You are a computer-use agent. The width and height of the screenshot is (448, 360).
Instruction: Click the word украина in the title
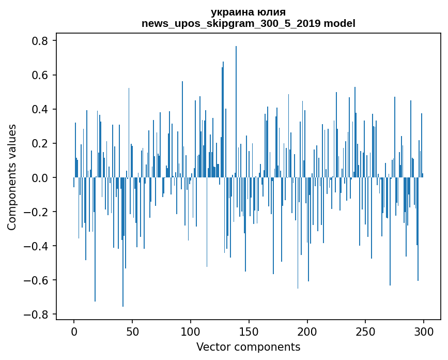231,12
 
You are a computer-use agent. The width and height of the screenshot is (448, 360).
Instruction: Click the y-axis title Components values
11,177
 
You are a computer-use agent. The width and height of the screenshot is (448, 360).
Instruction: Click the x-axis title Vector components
248,347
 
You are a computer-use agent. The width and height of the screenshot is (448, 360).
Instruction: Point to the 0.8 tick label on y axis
40,41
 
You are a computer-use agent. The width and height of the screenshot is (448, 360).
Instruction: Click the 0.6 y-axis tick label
40,75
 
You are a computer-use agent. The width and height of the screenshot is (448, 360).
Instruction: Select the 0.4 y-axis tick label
40,109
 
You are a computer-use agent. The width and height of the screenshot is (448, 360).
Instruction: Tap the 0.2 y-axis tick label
40,143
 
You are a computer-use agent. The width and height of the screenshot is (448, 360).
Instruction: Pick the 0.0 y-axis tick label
40,177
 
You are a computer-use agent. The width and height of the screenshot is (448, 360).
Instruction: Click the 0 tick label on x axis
74,331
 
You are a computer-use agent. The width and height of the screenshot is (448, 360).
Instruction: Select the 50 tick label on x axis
132,331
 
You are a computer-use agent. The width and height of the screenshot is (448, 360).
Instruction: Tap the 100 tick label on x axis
191,331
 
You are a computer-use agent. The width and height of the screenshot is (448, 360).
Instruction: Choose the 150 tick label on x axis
249,331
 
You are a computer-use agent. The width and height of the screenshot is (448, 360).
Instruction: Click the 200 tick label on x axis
307,331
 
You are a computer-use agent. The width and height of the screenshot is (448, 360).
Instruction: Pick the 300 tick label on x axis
424,331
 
